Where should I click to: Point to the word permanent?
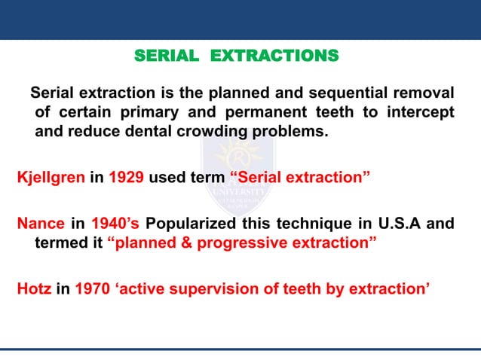coord(268,113)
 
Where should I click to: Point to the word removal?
coord(426,93)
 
